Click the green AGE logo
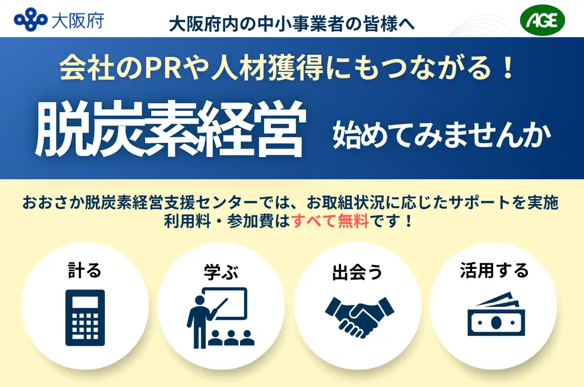[542, 20]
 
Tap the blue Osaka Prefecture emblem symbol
[31, 20]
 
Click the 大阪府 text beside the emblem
[78, 21]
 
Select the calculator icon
[85, 318]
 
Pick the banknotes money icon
[496, 314]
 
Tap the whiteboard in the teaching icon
[224, 303]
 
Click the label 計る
[84, 271]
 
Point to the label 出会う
[357, 272]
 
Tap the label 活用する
[494, 271]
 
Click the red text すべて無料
[330, 221]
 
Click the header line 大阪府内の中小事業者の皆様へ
[292, 24]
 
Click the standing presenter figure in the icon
[201, 322]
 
